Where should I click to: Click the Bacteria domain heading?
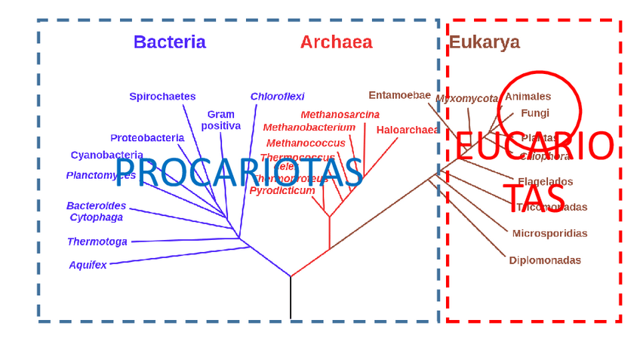pyautogui.click(x=169, y=42)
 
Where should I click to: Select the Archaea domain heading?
pyautogui.click(x=336, y=42)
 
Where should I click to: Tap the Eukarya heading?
pyautogui.click(x=484, y=42)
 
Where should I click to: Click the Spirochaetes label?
pyautogui.click(x=162, y=97)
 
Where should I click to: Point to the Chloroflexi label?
pyautogui.click(x=277, y=97)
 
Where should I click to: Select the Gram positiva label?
pyautogui.click(x=220, y=120)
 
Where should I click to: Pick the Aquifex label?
pyautogui.click(x=88, y=265)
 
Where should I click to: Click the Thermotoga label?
pyautogui.click(x=97, y=242)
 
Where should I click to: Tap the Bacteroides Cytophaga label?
pyautogui.click(x=96, y=211)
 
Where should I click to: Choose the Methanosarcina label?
pyautogui.click(x=340, y=115)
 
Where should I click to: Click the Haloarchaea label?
pyautogui.click(x=408, y=130)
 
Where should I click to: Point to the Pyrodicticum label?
pyautogui.click(x=282, y=191)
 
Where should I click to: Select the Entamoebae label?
pyautogui.click(x=399, y=95)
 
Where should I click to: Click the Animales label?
pyautogui.click(x=528, y=97)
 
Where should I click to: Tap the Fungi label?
pyautogui.click(x=534, y=113)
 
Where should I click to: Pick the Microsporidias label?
pyautogui.click(x=549, y=233)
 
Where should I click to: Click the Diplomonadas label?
pyautogui.click(x=545, y=260)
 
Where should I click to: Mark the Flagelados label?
pyautogui.click(x=545, y=182)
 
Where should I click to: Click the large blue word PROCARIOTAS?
pyautogui.click(x=238, y=172)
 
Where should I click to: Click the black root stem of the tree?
pyautogui.click(x=291, y=298)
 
